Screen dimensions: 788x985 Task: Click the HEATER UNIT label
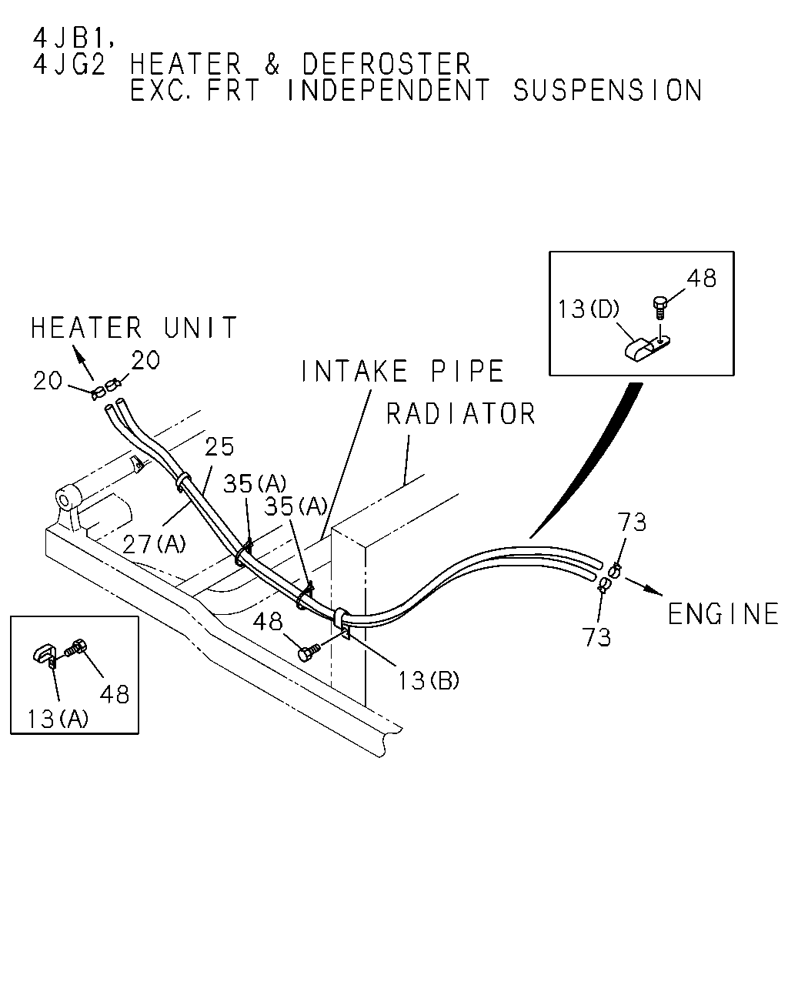point(134,328)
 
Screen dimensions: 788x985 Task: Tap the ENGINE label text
point(723,614)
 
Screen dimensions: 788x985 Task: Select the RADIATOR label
point(461,414)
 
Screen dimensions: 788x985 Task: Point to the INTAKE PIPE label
point(402,371)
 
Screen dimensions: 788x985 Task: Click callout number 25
point(219,446)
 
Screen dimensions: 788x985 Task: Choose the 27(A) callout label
point(155,544)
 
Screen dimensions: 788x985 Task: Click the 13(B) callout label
point(428,680)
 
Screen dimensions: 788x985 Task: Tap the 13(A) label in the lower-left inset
point(58,718)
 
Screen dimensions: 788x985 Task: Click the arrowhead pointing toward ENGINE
point(654,591)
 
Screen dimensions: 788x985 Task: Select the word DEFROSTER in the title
point(386,64)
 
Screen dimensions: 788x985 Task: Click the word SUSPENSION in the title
point(607,90)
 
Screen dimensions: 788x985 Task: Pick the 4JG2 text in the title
point(69,64)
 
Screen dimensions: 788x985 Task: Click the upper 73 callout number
point(632,522)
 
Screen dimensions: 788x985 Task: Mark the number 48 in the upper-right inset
point(702,279)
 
